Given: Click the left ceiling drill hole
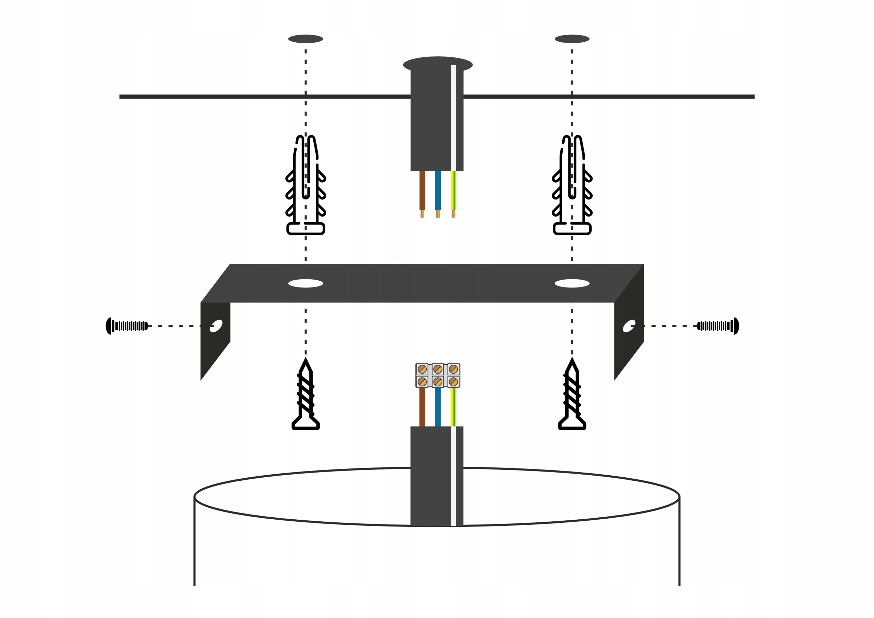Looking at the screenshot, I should point(305,39).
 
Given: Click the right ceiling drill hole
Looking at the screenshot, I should point(572,39).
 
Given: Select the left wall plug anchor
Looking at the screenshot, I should point(306,186).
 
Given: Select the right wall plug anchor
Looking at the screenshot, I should point(572,186).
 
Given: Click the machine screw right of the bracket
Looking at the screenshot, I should point(718,326).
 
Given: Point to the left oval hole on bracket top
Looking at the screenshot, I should point(306,283).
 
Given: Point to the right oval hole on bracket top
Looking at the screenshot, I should point(572,283).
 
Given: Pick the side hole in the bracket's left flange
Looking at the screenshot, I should point(216,326).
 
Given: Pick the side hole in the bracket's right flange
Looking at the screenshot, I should point(629,326).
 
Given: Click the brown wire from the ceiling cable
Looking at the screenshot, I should point(422,191).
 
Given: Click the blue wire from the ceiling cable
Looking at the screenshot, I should point(438,191).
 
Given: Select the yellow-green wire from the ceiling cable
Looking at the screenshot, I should point(453,191).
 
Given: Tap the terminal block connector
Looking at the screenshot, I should point(438,376).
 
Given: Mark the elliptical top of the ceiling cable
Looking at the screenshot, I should point(438,63).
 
